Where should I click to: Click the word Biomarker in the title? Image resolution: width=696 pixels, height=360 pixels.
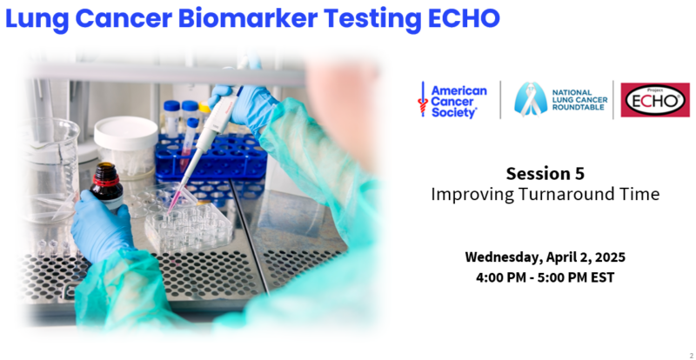(x=247, y=18)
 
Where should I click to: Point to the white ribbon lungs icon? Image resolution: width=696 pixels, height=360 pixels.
(x=530, y=99)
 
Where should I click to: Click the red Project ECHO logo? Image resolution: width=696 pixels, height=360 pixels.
(x=655, y=100)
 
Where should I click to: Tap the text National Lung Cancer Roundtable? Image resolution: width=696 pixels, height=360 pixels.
(x=579, y=100)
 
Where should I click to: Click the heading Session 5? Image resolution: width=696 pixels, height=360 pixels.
(x=545, y=174)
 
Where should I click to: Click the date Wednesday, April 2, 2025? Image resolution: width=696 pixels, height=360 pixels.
(x=545, y=257)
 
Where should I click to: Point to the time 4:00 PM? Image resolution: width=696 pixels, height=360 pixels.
(x=501, y=278)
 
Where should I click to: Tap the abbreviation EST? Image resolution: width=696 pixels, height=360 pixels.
(x=602, y=278)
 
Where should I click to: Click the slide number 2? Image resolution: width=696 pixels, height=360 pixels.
(x=691, y=354)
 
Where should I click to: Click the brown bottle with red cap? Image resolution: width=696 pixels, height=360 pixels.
(x=106, y=186)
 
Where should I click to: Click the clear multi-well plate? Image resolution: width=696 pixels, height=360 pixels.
(x=189, y=226)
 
